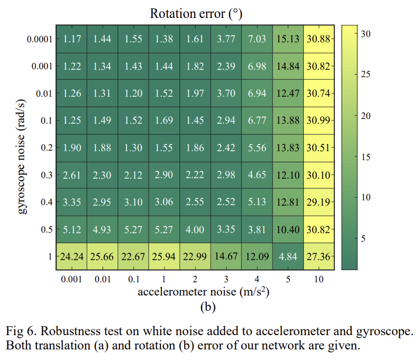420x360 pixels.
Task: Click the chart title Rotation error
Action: click(x=196, y=13)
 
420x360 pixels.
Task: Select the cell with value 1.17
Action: click(x=72, y=39)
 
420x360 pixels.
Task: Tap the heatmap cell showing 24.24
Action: click(x=72, y=256)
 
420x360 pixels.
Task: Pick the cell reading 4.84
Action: click(x=288, y=256)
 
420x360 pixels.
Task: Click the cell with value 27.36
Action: click(x=319, y=256)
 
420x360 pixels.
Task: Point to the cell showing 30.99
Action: click(x=319, y=121)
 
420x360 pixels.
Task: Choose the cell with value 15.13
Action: click(x=288, y=39)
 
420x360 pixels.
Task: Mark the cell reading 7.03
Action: click(x=258, y=39)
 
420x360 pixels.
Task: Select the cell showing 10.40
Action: click(x=288, y=229)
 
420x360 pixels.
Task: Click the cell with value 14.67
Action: click(x=226, y=256)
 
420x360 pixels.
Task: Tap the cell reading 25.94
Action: click(x=165, y=256)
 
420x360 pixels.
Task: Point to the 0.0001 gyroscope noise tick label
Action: click(x=40, y=39)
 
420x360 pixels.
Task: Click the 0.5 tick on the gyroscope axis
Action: click(x=46, y=229)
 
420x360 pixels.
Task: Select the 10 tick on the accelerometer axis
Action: click(x=319, y=279)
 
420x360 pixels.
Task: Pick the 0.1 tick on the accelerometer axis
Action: click(x=133, y=279)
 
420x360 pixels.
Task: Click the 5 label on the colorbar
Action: click(x=363, y=238)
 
